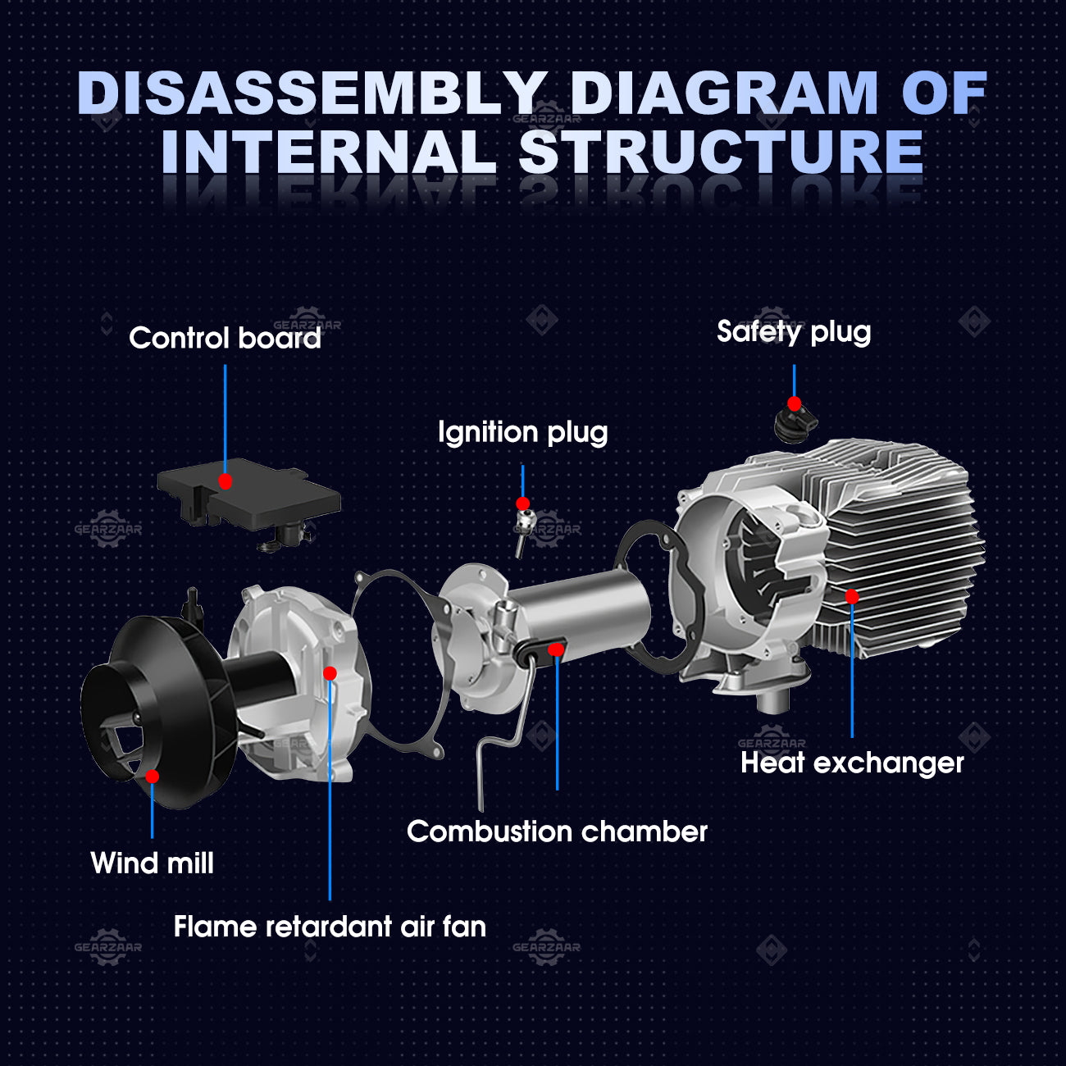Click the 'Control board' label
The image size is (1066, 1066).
tap(225, 339)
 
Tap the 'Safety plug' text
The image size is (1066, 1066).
tap(793, 332)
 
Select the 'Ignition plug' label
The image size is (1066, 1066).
tap(522, 432)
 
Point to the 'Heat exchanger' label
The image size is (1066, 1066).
tap(852, 763)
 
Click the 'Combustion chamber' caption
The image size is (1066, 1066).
tap(557, 831)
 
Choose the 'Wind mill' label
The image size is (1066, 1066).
tap(153, 863)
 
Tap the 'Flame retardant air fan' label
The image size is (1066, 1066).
tap(330, 927)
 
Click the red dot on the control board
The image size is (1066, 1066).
tap(225, 481)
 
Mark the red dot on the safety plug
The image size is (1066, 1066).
tap(794, 403)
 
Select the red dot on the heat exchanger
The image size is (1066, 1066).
tap(852, 596)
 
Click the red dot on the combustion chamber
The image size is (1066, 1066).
tap(557, 649)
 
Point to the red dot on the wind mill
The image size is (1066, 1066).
tap(152, 776)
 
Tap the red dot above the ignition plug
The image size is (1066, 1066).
tap(522, 503)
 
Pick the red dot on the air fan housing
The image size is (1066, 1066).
tap(330, 673)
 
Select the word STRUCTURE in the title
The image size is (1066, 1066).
tap(722, 153)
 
